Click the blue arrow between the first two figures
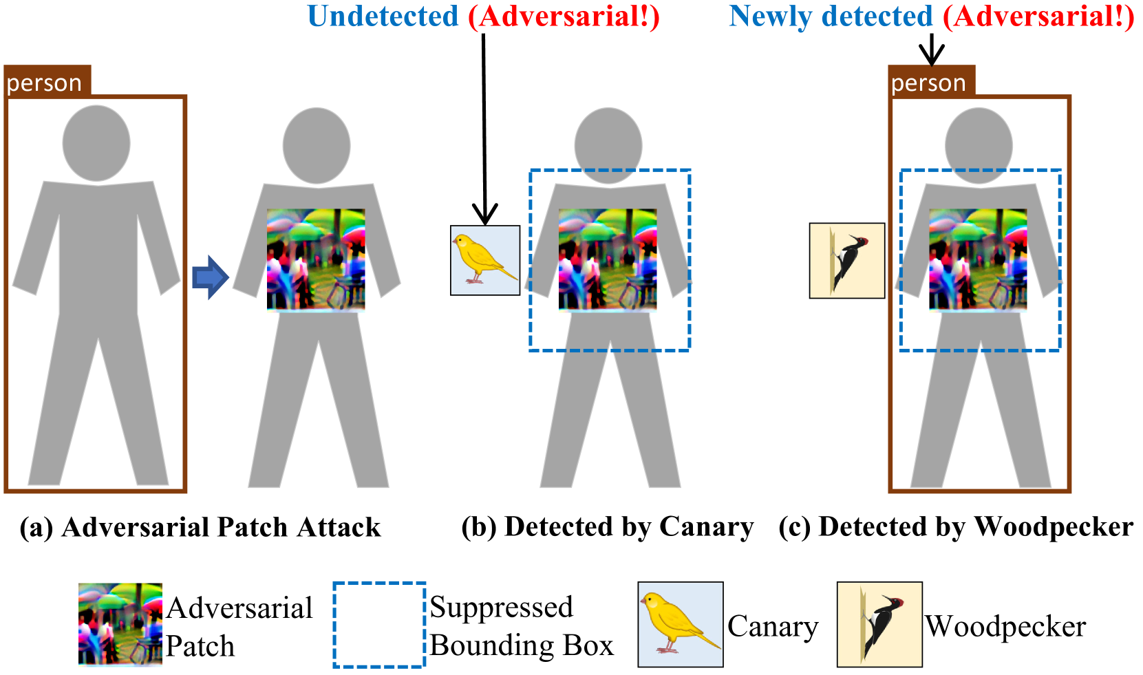pyautogui.click(x=210, y=277)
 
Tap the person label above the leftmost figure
pyautogui.click(x=46, y=83)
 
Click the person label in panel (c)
pyautogui.click(x=930, y=83)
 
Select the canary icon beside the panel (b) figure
pyautogui.click(x=484, y=260)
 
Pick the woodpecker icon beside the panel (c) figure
pyautogui.click(x=846, y=260)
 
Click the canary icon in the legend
pyautogui.click(x=680, y=624)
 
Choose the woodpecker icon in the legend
pyautogui.click(x=879, y=624)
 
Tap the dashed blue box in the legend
pyautogui.click(x=379, y=624)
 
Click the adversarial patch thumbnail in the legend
pyautogui.click(x=120, y=624)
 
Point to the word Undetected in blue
pyautogui.click(x=383, y=17)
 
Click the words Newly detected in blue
pyautogui.click(x=831, y=17)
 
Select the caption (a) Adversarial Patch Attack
pyautogui.click(x=200, y=527)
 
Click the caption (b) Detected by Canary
pyautogui.click(x=607, y=527)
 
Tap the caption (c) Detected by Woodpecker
pyautogui.click(x=955, y=527)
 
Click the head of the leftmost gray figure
pyautogui.click(x=96, y=143)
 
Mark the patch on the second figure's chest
pyautogui.click(x=316, y=259)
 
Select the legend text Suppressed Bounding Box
pyautogui.click(x=521, y=626)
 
